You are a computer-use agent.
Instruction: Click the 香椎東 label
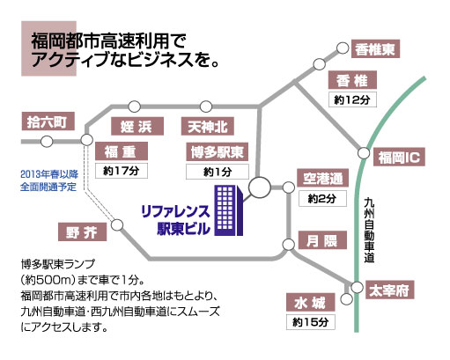[x=375, y=48]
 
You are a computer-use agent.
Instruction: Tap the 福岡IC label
[x=399, y=157]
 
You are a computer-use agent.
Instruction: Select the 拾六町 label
[x=48, y=121]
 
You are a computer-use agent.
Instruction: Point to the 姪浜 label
[x=137, y=126]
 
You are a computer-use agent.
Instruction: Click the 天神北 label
[x=208, y=126]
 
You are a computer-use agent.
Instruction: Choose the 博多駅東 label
[x=218, y=151]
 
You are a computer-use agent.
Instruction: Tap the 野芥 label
[x=82, y=232]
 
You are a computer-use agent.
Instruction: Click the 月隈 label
[x=322, y=240]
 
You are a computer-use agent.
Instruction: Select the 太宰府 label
[x=390, y=290]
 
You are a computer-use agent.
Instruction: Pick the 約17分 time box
[x=122, y=171]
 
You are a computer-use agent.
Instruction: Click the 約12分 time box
[x=352, y=99]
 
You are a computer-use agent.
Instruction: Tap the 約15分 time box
[x=311, y=322]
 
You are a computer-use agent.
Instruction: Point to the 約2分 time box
[x=322, y=199]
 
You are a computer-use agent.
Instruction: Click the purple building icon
[x=229, y=210]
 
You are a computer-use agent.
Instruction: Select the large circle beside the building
[x=260, y=187]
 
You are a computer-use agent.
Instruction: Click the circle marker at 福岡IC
[x=364, y=153]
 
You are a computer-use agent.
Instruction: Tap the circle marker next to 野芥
[x=117, y=225]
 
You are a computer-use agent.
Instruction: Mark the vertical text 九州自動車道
[x=369, y=231]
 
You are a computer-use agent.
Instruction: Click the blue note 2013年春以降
[x=49, y=174]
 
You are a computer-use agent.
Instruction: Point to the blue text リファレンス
[x=175, y=211]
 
